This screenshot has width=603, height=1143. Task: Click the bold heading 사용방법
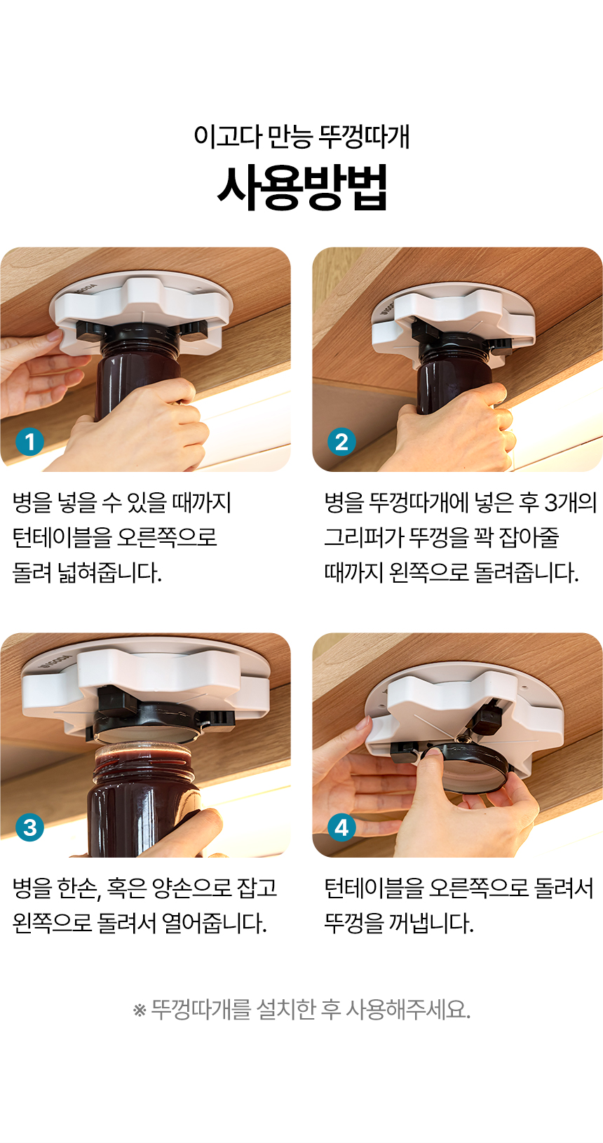click(x=302, y=188)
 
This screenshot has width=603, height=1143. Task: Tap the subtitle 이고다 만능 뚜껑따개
click(x=301, y=136)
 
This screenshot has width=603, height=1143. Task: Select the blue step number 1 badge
click(x=29, y=441)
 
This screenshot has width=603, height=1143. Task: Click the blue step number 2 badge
click(x=341, y=441)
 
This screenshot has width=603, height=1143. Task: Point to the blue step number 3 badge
click(x=29, y=827)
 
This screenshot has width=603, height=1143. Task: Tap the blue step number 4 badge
click(x=341, y=827)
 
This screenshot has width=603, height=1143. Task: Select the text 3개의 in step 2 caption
click(x=570, y=503)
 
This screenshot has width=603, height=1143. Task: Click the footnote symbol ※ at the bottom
click(x=140, y=1010)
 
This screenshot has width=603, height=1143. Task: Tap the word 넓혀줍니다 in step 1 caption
click(x=109, y=572)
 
